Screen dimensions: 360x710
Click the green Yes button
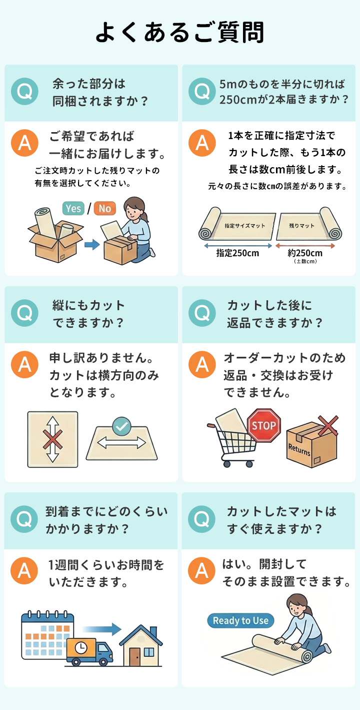(x=73, y=208)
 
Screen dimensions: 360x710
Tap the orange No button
(x=105, y=208)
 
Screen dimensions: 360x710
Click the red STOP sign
(x=264, y=425)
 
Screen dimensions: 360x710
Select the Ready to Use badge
(x=240, y=620)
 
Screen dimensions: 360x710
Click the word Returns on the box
(x=299, y=450)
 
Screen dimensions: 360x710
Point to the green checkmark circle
(x=121, y=427)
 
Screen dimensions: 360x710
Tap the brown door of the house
(x=134, y=656)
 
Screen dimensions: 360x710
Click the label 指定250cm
(x=237, y=253)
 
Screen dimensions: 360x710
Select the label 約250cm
(x=305, y=253)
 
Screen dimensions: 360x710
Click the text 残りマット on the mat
(x=301, y=226)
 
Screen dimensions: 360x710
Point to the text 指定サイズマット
(x=244, y=226)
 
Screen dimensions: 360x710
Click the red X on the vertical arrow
(x=52, y=439)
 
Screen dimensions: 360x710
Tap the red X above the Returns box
(x=328, y=425)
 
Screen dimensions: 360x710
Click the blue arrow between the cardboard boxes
(x=92, y=244)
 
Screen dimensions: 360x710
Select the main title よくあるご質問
(x=180, y=32)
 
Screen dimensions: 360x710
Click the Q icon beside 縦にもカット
(x=24, y=313)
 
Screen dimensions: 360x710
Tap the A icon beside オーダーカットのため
(x=202, y=365)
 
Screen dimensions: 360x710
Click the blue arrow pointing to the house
(x=101, y=629)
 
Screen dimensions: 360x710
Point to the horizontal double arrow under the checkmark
(x=121, y=443)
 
